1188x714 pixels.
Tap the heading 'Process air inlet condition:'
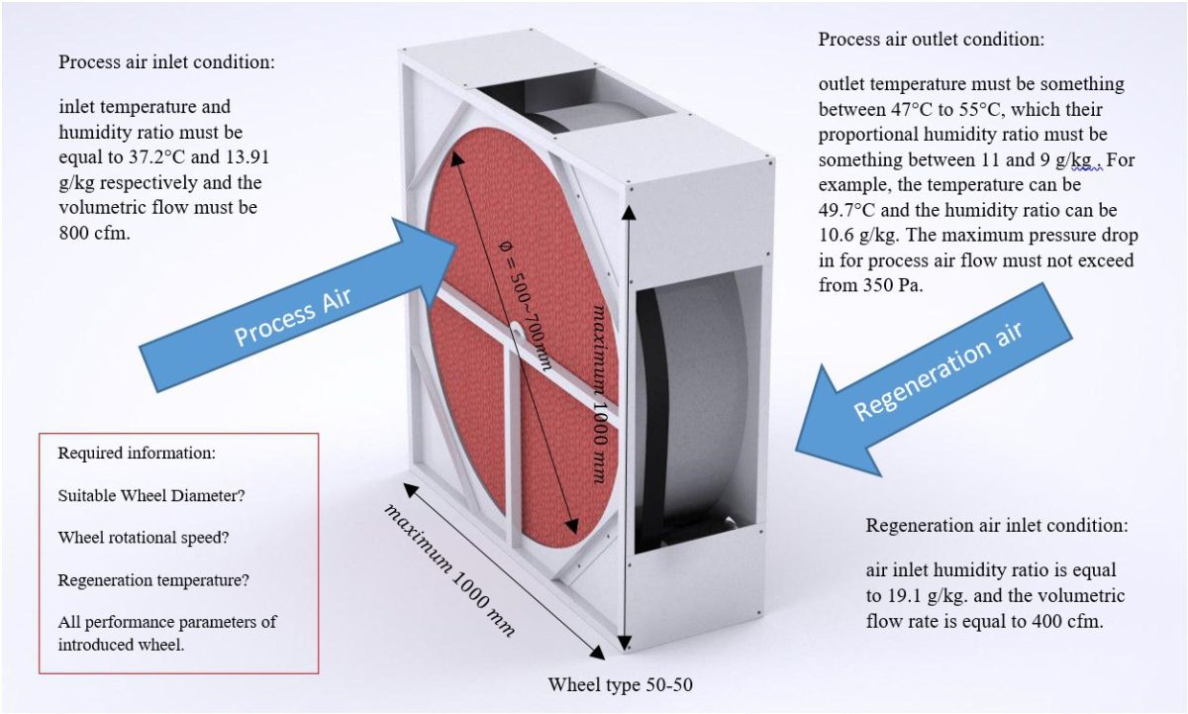coord(166,62)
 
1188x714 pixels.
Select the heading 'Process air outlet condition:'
coord(931,41)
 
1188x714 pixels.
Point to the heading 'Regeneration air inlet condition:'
coord(997,525)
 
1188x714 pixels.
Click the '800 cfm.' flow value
coord(95,234)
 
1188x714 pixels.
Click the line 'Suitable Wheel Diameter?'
coord(151,495)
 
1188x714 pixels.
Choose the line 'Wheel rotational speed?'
coord(145,538)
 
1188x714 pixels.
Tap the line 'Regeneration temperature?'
coord(153,580)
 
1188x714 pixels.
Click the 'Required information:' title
coord(137,454)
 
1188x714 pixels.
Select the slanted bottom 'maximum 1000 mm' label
coord(450,570)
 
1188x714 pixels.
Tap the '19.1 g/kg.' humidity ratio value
coord(900,596)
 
